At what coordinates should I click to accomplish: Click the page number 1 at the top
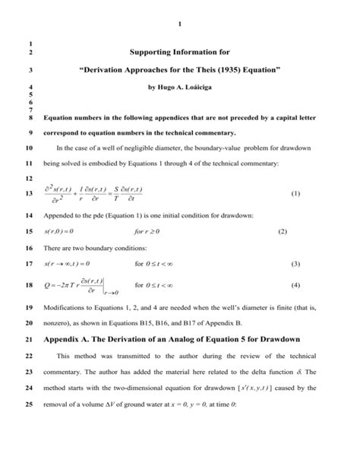(x=179, y=28)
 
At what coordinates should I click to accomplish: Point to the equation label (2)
(x=282, y=230)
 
